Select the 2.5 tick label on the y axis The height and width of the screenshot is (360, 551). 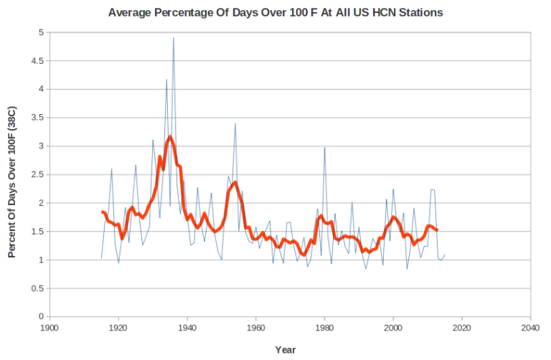(x=37, y=174)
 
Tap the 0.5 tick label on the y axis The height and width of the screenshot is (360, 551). (x=37, y=288)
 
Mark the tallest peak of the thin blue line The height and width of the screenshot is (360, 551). (x=174, y=38)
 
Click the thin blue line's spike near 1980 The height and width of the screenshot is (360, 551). (x=324, y=148)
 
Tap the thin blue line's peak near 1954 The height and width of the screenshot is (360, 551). (x=235, y=123)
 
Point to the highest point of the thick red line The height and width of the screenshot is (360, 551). (x=170, y=136)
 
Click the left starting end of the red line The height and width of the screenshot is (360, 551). (x=102, y=212)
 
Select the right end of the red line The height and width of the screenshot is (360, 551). (x=437, y=230)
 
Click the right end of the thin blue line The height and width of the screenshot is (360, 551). (x=444, y=255)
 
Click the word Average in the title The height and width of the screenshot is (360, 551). (x=131, y=12)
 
